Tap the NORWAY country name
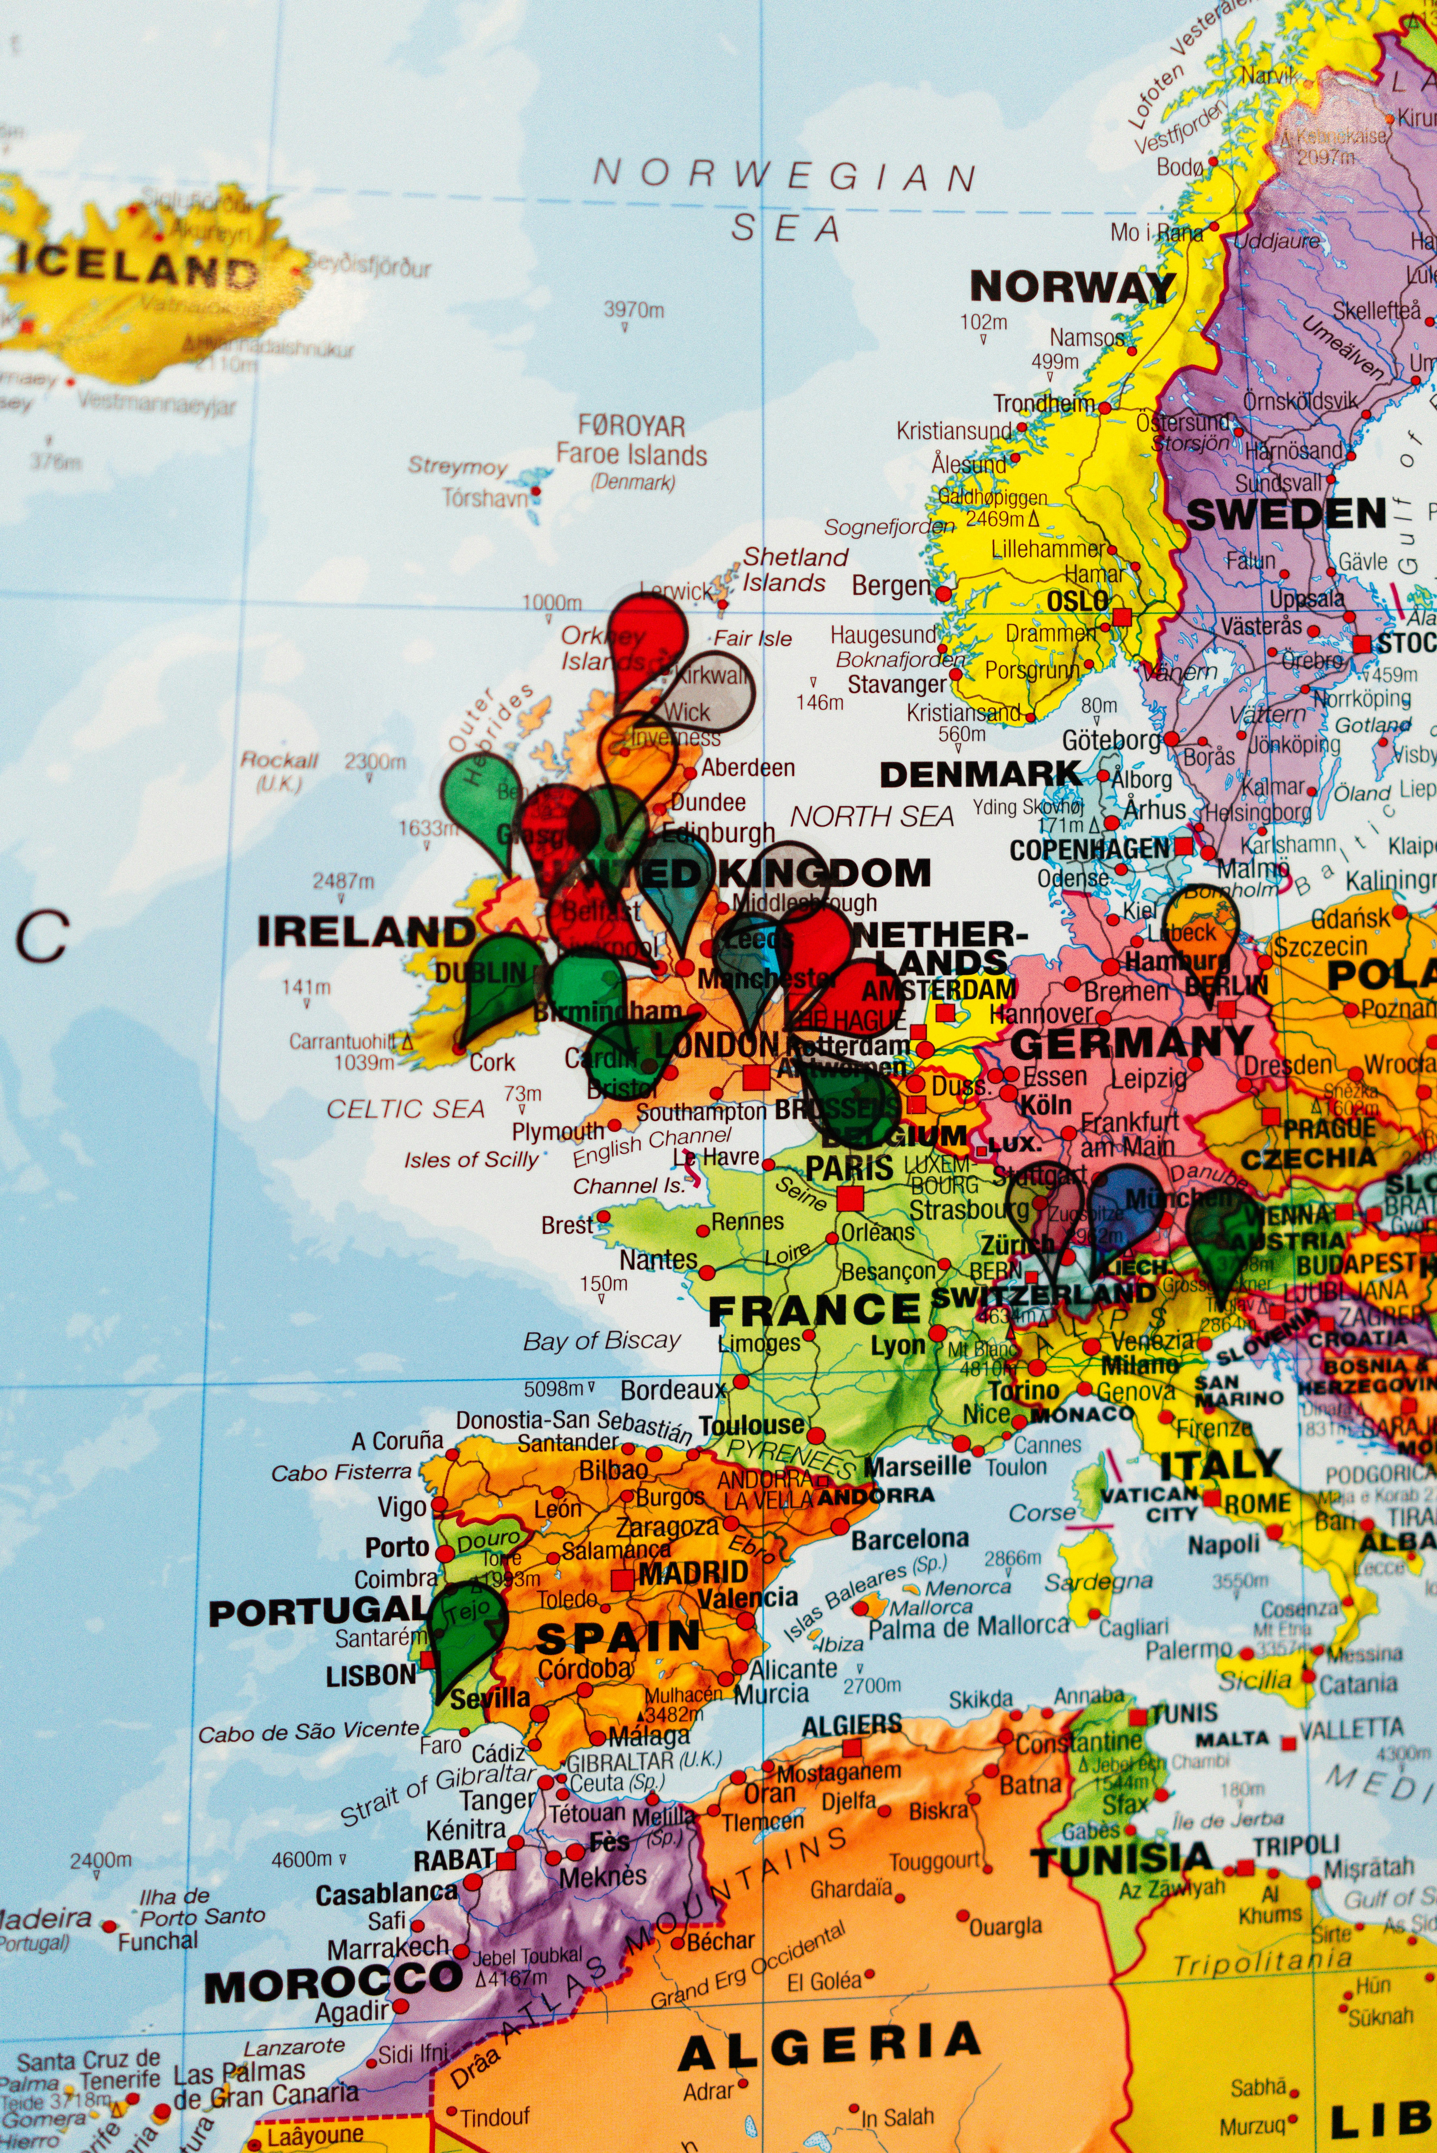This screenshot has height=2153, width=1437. coord(1072,287)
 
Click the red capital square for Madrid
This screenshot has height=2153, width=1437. coord(622,1579)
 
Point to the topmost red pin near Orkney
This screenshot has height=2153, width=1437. coord(648,632)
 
